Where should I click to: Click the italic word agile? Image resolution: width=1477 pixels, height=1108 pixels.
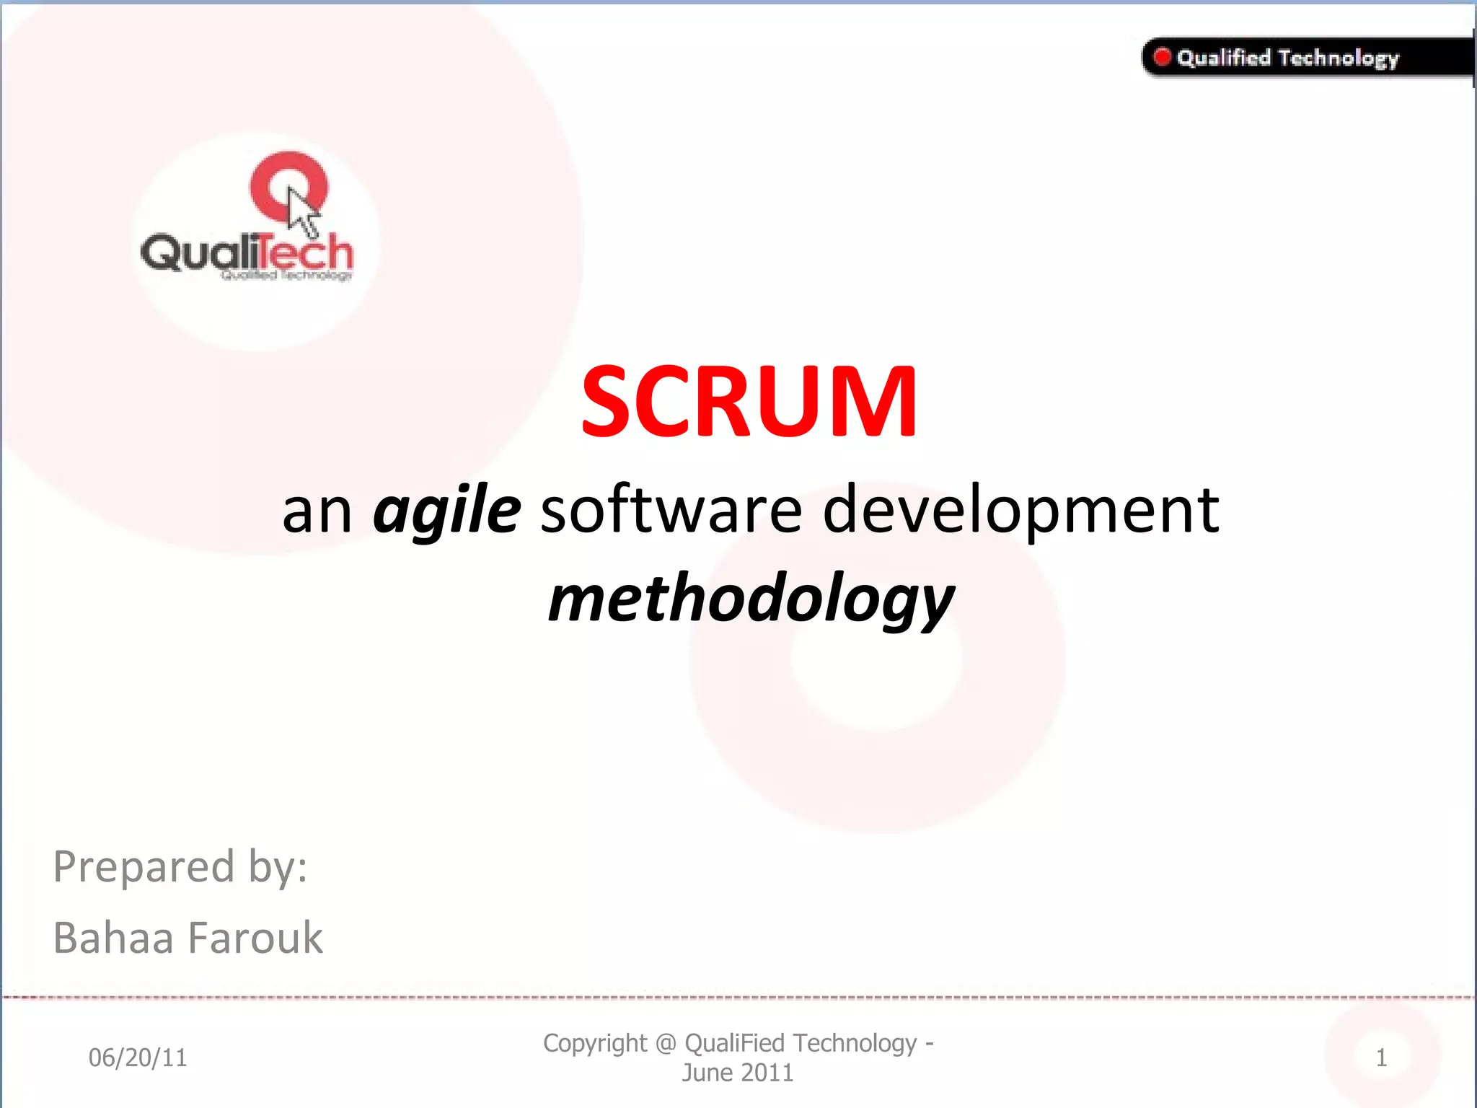coord(446,511)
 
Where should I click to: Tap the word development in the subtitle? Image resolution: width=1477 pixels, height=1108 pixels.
coord(1020,511)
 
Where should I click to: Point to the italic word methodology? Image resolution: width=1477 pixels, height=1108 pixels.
coord(750,600)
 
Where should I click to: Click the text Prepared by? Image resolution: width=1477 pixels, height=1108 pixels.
coord(180,866)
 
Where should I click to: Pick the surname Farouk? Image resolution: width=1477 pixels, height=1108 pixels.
coord(255,938)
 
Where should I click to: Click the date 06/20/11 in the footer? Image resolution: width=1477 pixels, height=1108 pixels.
coord(138,1058)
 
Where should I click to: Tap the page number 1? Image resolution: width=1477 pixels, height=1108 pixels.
coord(1380,1058)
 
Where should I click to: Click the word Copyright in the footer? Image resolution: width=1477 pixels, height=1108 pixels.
coord(595,1043)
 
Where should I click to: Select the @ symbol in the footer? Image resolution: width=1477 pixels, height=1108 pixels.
coord(666,1044)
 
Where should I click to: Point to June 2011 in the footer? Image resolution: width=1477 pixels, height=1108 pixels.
coord(737,1073)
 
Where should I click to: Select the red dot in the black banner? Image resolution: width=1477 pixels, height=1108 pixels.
coord(1162,57)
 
